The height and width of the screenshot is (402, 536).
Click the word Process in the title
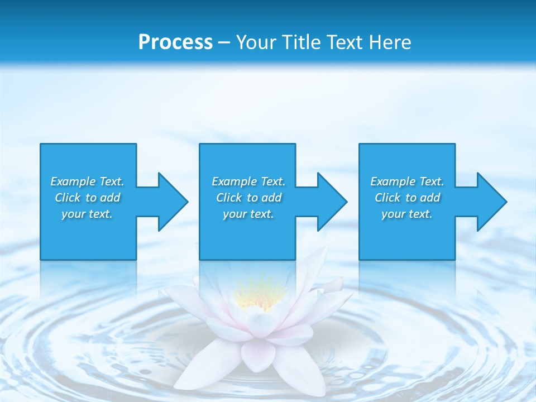(x=175, y=42)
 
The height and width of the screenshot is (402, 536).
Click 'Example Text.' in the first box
(x=87, y=181)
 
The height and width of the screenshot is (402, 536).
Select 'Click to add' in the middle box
(x=248, y=198)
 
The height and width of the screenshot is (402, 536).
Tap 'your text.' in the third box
(x=407, y=214)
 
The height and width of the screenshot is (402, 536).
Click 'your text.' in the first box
(x=87, y=214)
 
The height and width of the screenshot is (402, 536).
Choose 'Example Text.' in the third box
(x=407, y=181)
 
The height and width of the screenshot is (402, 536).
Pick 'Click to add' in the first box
(x=87, y=198)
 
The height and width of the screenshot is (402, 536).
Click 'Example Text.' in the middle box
(x=248, y=181)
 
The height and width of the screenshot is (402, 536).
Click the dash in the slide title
(x=224, y=42)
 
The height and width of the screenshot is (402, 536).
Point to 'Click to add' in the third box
(x=407, y=198)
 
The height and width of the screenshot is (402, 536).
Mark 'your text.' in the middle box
(x=248, y=214)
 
